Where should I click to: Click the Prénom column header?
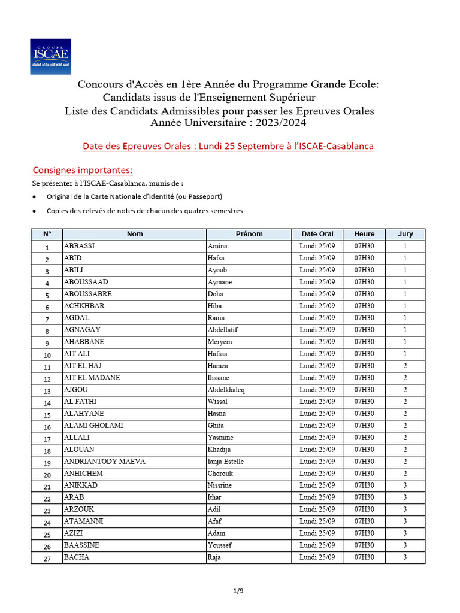tap(249, 234)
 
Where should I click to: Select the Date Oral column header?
tap(317, 234)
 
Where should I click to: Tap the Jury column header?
tap(405, 234)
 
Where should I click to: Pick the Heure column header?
tap(364, 234)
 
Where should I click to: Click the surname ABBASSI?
tap(79, 246)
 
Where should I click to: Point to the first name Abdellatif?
tap(223, 330)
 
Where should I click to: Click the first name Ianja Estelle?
tap(225, 462)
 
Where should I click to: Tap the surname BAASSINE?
tap(82, 545)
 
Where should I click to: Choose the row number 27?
tap(47, 558)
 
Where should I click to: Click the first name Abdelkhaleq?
tap(226, 390)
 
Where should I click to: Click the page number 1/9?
tap(238, 591)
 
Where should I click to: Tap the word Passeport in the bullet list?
tap(205, 196)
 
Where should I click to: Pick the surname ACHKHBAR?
tap(84, 306)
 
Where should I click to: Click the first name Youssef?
tap(219, 545)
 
